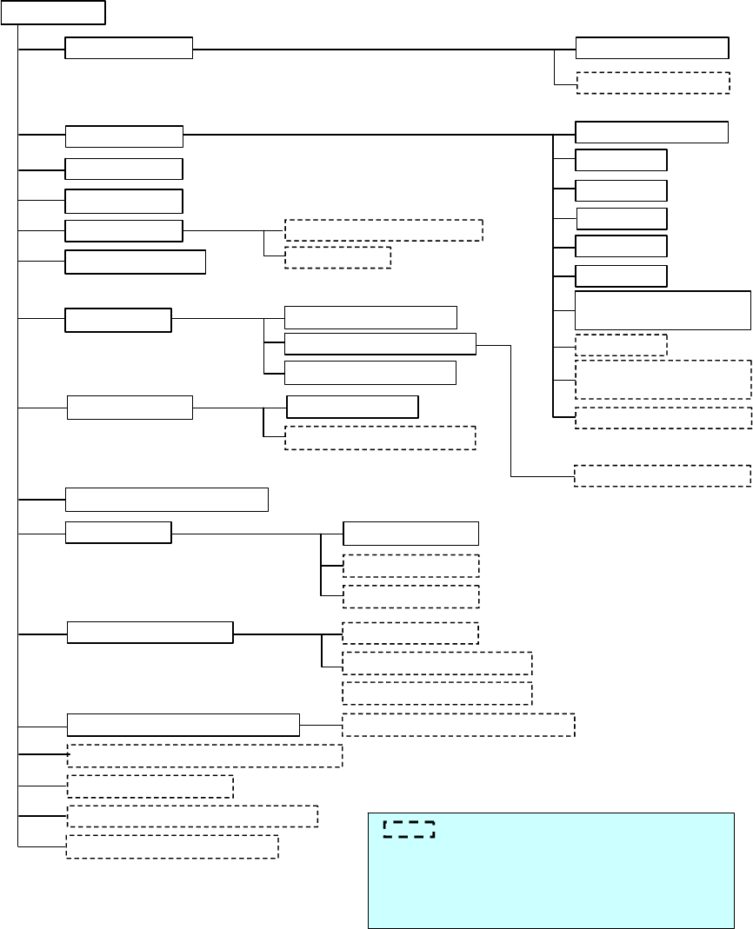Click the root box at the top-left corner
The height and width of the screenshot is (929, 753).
pyautogui.click(x=53, y=12)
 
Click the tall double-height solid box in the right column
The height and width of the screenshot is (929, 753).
pyautogui.click(x=663, y=310)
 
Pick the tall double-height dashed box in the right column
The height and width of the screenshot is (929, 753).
pyautogui.click(x=663, y=380)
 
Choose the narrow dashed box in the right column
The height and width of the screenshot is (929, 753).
pyautogui.click(x=621, y=345)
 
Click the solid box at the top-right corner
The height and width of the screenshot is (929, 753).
pyautogui.click(x=651, y=48)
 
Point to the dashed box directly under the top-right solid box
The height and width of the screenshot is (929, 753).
pyautogui.click(x=652, y=82)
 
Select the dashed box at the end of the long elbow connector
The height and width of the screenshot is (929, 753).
pyautogui.click(x=663, y=475)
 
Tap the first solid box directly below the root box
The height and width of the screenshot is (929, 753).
pyautogui.click(x=129, y=49)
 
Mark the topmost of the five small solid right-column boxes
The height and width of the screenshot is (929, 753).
pyautogui.click(x=621, y=160)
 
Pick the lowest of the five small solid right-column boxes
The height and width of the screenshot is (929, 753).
pyautogui.click(x=621, y=276)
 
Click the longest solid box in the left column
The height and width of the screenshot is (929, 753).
pyautogui.click(x=183, y=723)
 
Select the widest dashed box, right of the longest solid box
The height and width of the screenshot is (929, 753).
pyautogui.click(x=458, y=724)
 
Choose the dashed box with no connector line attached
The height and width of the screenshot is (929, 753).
pyautogui.click(x=436, y=693)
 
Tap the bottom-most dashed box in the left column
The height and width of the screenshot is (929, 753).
pyautogui.click(x=172, y=846)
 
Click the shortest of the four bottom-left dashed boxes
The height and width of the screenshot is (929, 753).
pyautogui.click(x=150, y=786)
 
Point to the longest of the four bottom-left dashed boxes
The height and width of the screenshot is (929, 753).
pyautogui.click(x=204, y=755)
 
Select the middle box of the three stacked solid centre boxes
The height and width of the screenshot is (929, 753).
pyautogui.click(x=380, y=343)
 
